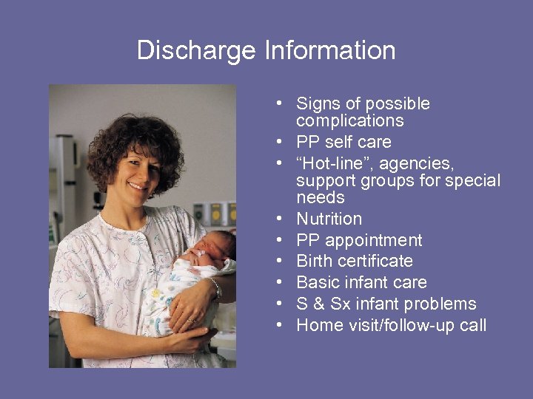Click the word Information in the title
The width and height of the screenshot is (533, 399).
click(329, 50)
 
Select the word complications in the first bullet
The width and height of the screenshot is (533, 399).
click(349, 121)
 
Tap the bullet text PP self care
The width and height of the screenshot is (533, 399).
click(343, 142)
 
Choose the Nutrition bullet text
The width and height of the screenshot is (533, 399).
click(329, 219)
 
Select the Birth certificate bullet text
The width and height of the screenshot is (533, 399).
click(355, 261)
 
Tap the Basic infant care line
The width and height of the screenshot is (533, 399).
click(361, 282)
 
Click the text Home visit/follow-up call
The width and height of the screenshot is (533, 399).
click(391, 325)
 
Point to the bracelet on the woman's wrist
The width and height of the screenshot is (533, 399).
click(215, 288)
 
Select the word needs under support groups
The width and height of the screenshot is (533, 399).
click(321, 198)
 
